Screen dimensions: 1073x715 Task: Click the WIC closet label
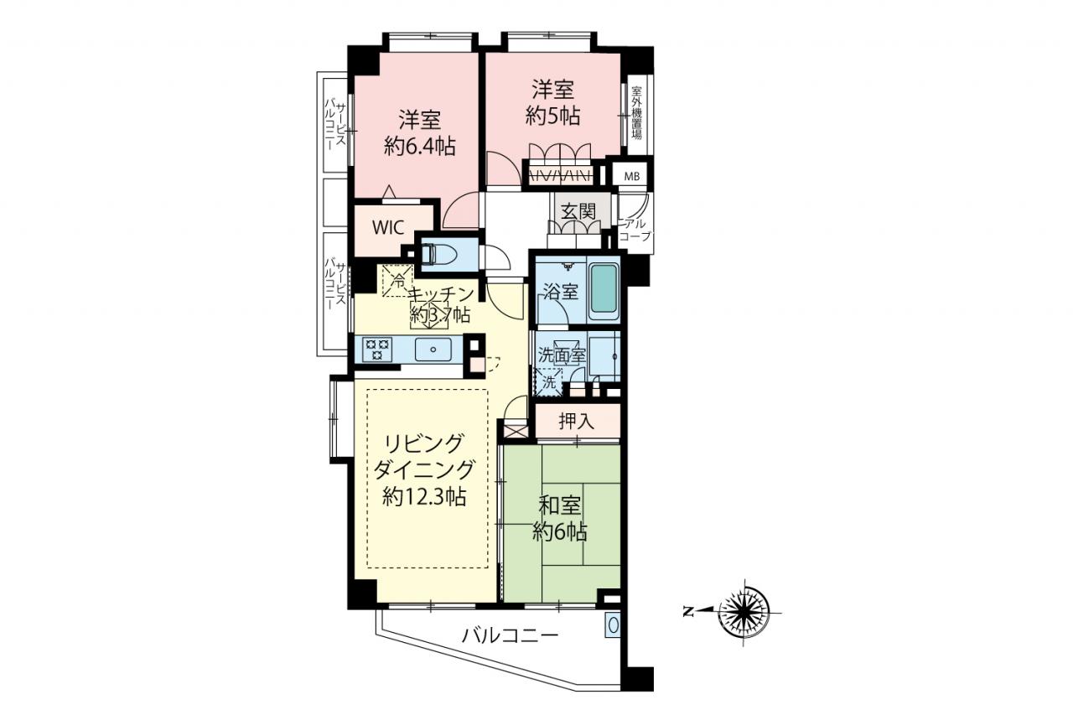388,227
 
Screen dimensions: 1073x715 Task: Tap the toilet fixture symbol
434,254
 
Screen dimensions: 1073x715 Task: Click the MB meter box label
632,177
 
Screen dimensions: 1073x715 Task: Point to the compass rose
744,612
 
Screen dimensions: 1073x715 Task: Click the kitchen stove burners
378,350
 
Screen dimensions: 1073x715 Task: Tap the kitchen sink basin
433,350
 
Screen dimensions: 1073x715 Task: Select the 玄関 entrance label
578,212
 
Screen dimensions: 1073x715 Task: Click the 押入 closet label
576,421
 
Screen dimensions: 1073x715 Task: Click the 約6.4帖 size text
420,147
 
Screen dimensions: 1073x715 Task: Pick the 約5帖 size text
552,116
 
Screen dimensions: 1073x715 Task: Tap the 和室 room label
559,506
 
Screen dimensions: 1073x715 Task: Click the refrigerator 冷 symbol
398,281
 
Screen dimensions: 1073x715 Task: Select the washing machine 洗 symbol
548,382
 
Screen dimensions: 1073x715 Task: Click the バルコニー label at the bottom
511,636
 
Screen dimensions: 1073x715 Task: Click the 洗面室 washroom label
562,355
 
